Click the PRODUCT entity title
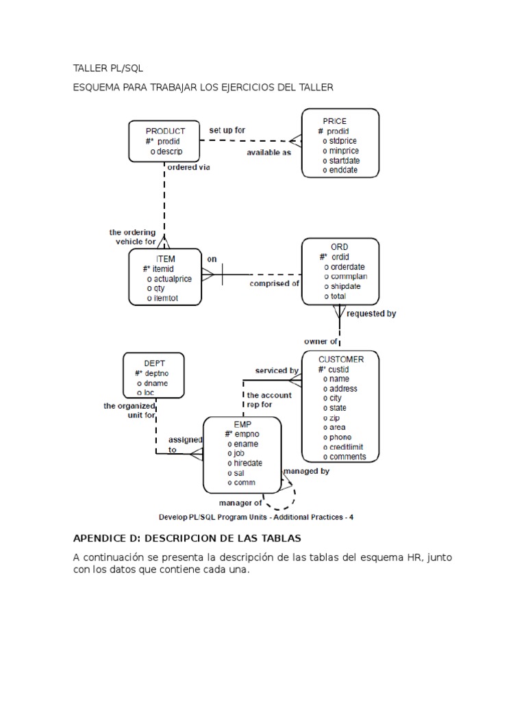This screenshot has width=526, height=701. [x=165, y=131]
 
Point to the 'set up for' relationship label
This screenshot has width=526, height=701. [x=227, y=129]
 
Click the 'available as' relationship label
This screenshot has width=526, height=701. [x=268, y=153]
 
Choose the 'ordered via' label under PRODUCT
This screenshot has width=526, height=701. [x=188, y=166]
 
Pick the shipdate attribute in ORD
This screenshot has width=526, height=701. [x=345, y=287]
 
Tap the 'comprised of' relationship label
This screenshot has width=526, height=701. [x=274, y=283]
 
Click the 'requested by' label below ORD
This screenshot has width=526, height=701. [x=371, y=314]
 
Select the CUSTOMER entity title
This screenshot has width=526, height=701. [x=341, y=359]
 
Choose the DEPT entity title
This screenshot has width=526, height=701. [x=154, y=364]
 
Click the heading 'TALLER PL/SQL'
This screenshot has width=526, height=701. [x=108, y=69]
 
